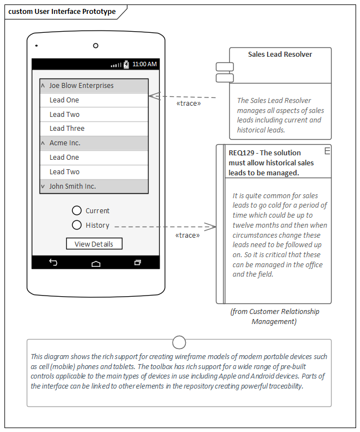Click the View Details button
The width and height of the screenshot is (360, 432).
point(93,244)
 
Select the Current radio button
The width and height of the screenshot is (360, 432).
point(77,210)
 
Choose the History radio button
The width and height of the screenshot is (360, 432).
point(77,225)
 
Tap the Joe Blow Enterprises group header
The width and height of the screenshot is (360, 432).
point(94,86)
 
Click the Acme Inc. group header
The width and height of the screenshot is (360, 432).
point(94,143)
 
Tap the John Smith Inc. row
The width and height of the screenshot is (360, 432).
point(94,186)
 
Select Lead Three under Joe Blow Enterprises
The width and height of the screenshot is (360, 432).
point(94,129)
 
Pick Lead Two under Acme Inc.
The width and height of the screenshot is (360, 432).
point(94,172)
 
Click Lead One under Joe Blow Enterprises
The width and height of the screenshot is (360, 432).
point(94,100)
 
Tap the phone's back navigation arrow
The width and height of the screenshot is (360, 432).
point(53,262)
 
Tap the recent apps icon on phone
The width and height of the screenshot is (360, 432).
point(137,262)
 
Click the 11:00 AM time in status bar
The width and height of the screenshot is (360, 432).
point(145,65)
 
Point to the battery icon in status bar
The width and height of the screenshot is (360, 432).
point(126,65)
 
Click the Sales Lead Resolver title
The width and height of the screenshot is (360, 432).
point(280,55)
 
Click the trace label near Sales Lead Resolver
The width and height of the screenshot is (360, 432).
point(188,104)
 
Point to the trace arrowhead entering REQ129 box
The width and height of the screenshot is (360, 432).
point(210,226)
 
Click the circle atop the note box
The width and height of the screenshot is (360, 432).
point(179,342)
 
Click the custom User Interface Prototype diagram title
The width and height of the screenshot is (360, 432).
point(62,12)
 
